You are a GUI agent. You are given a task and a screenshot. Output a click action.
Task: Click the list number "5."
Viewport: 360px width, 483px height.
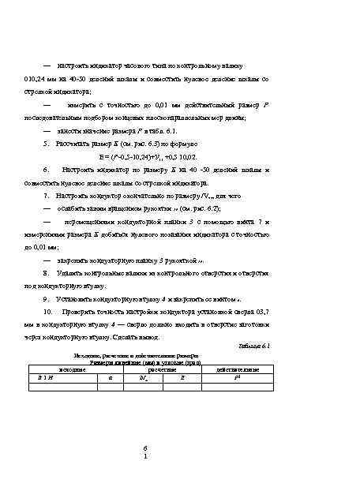coord(49,145)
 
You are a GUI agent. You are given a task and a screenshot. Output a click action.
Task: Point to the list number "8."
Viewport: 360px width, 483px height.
coord(49,271)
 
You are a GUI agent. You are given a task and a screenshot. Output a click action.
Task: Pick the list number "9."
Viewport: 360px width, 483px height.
coord(49,299)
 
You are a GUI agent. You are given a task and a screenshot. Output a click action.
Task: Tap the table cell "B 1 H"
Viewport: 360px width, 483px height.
coord(45,378)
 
